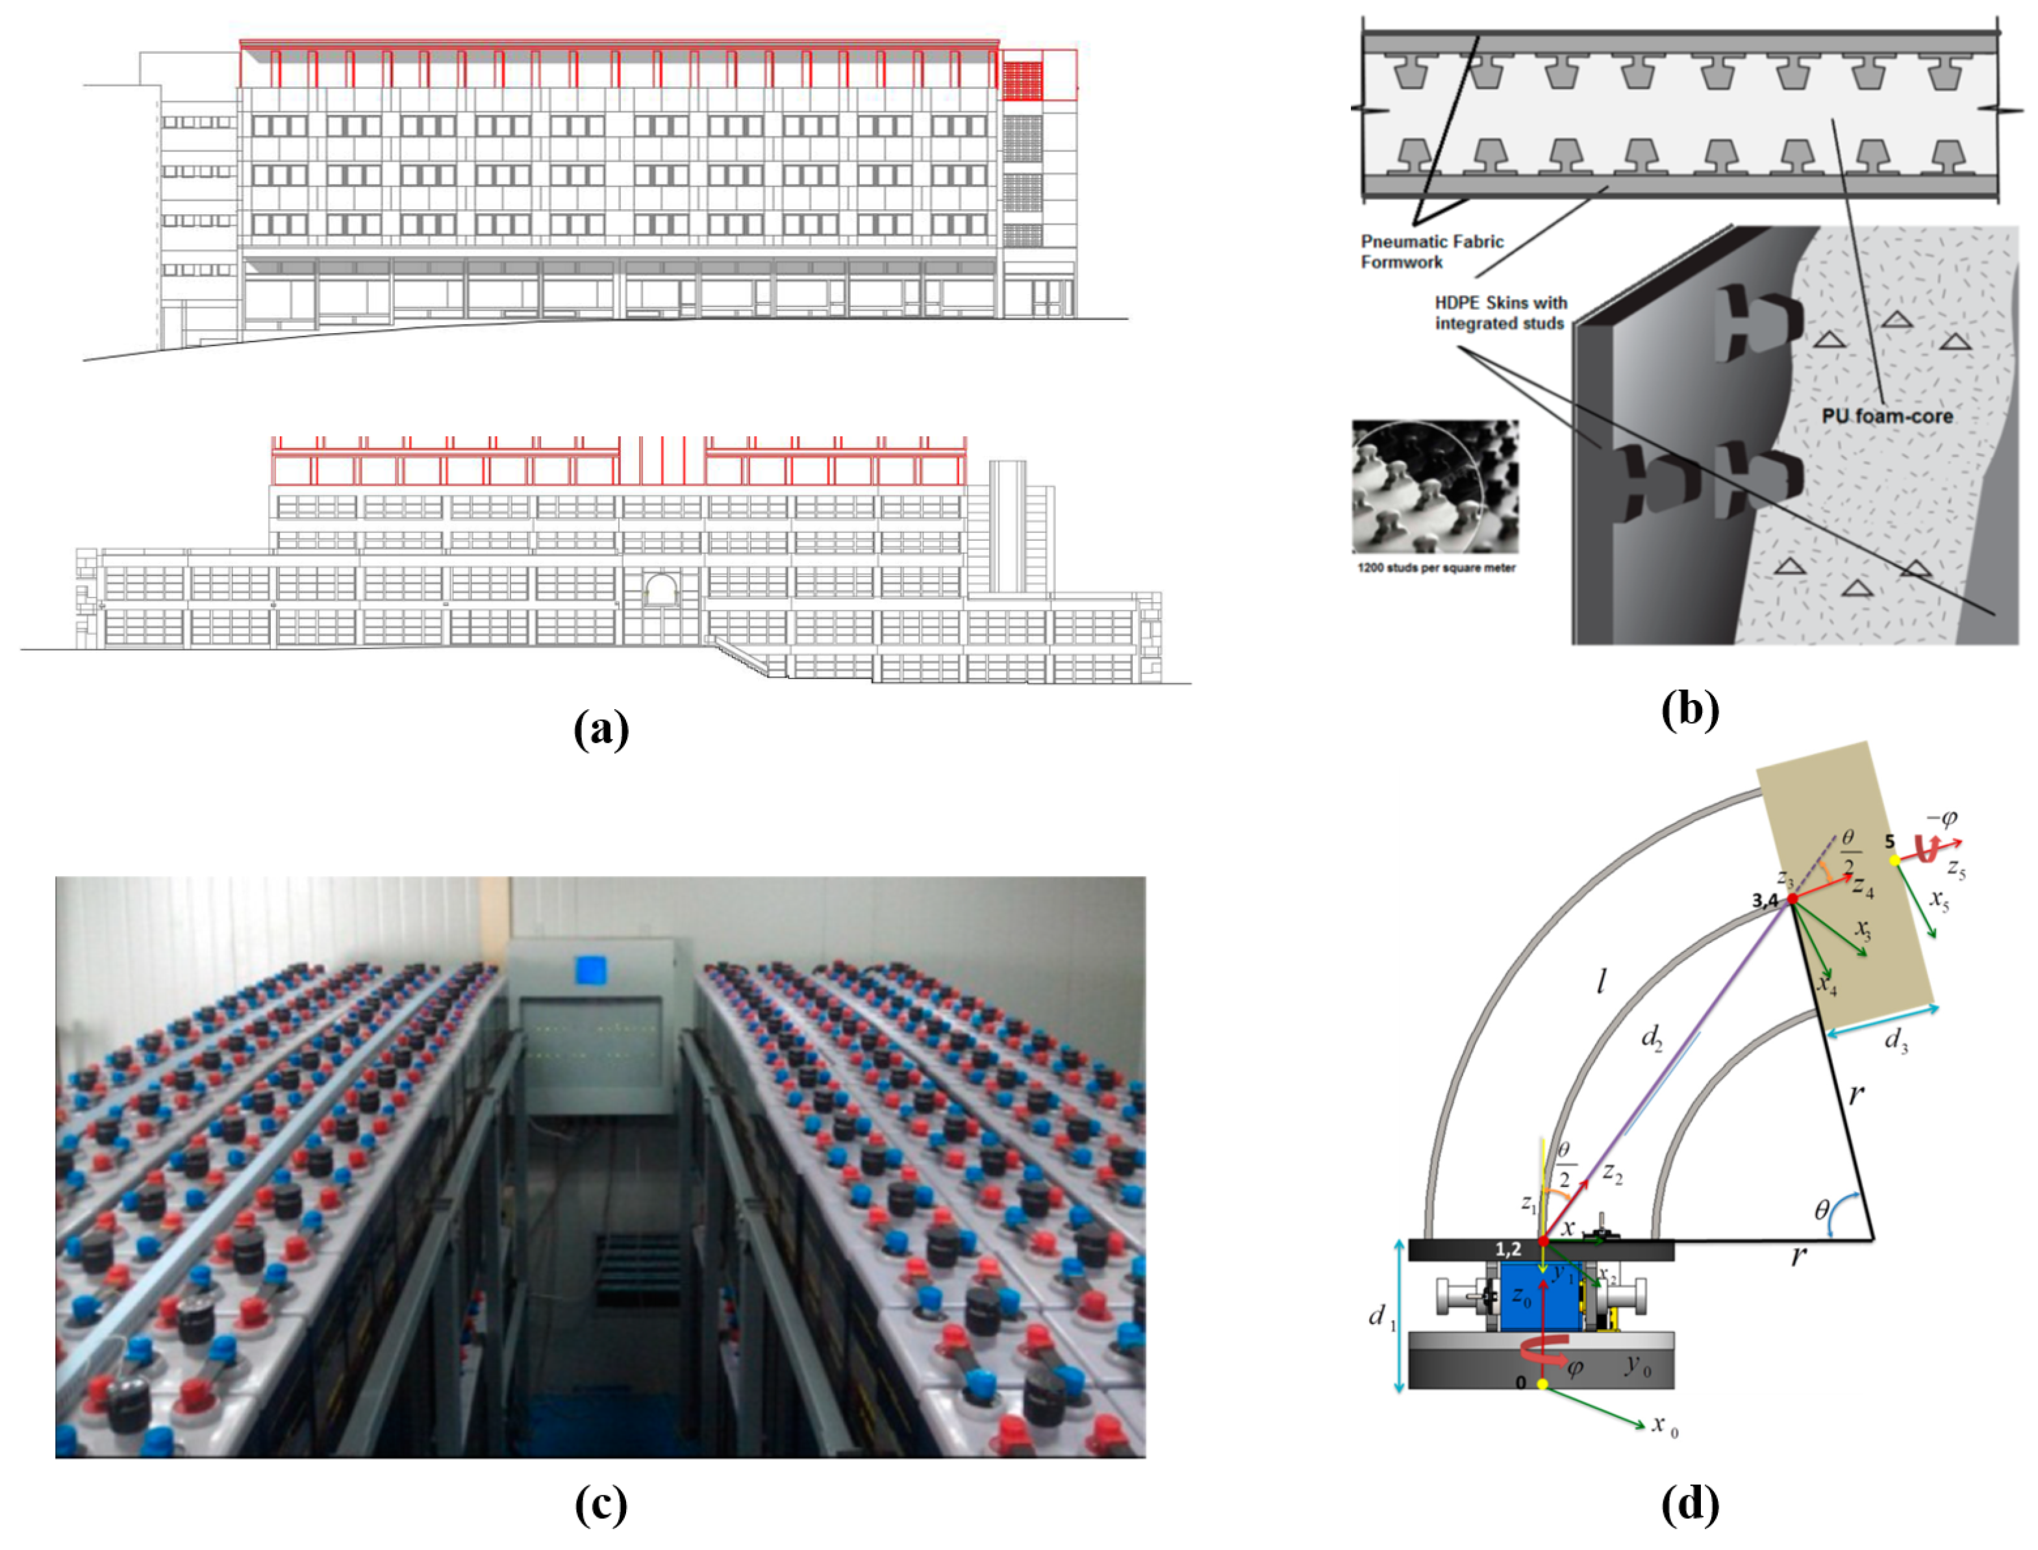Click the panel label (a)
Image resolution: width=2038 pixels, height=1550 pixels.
[601, 730]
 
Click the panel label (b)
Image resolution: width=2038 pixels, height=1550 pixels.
[1690, 710]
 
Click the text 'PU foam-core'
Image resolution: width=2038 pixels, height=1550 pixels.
[1887, 416]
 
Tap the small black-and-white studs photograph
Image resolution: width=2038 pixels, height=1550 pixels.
[1435, 486]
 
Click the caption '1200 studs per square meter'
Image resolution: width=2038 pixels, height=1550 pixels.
[1435, 568]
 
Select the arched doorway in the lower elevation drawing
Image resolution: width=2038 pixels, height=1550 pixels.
[660, 590]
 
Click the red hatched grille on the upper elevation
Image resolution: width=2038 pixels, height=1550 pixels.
[1022, 81]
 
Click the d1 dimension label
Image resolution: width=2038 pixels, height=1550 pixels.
[1380, 1317]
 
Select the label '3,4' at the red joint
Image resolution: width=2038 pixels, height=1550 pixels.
[1764, 901]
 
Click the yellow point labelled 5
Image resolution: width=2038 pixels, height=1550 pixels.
[1894, 860]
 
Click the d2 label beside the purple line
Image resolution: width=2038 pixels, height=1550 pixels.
[1650, 1038]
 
